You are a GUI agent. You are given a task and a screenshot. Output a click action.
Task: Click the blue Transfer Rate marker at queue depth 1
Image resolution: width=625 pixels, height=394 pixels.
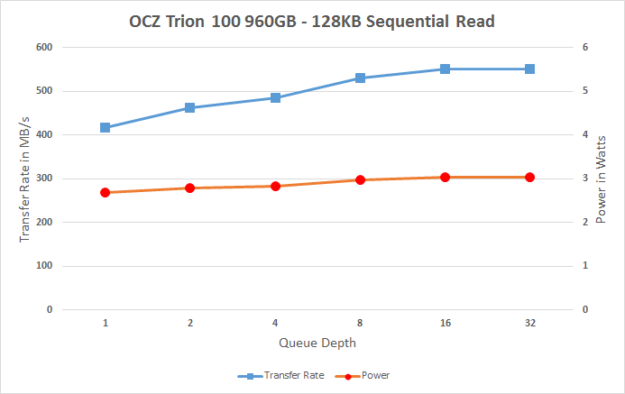coord(106,128)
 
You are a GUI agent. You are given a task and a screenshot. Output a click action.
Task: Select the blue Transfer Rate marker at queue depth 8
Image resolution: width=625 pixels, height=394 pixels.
coord(360,78)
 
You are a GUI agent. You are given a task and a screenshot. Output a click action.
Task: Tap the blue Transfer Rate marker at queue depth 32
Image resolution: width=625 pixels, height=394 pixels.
coord(529,69)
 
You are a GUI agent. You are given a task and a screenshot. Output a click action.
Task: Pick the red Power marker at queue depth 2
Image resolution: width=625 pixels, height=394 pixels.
coord(190,188)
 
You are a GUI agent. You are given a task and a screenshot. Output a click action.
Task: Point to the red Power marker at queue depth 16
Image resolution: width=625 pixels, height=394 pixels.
coord(445,178)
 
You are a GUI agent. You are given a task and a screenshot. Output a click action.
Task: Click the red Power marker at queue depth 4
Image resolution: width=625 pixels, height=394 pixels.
coord(275,186)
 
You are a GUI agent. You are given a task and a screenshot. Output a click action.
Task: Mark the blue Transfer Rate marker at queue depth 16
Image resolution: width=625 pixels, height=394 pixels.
coord(445,69)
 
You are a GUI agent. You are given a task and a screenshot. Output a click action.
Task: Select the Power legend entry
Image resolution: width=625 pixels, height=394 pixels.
coord(370,375)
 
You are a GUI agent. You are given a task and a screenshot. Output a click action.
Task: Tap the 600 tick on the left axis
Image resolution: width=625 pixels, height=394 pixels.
coord(43,47)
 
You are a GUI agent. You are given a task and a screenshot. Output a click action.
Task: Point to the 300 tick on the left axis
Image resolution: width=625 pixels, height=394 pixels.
coord(43,179)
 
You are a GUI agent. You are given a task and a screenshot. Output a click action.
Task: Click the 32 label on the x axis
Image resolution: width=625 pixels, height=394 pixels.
coord(529,322)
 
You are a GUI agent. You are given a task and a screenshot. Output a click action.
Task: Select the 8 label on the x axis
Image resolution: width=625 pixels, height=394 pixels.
coord(360,322)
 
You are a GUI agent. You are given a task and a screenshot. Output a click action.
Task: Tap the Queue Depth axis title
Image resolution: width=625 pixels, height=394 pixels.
coord(317,343)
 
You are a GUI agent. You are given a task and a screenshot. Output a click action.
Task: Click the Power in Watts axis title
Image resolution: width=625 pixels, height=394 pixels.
coord(602,179)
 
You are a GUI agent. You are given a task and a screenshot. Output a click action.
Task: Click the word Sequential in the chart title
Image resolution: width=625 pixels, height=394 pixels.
coord(424,21)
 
